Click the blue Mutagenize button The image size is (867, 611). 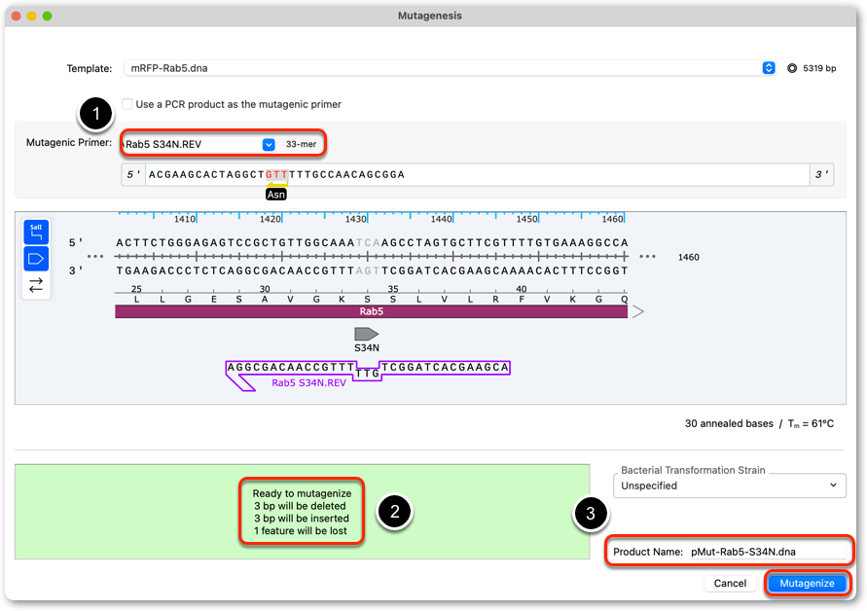807,584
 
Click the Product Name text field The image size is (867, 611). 768,552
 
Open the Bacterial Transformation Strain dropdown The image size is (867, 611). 730,485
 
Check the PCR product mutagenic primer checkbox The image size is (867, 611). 127,104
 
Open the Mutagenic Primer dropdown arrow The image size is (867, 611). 269,144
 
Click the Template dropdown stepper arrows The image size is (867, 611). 769,68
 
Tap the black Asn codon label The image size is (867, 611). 276,194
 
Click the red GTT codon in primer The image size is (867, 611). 276,175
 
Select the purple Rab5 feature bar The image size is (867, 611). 371,311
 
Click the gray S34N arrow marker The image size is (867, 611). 366,334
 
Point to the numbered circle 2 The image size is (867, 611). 394,512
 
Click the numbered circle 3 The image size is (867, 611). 591,513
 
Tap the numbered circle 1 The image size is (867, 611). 96,114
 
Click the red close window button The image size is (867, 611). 16,16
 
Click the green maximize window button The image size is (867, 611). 48,16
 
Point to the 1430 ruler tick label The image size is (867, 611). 355,219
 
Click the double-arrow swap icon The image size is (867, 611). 36,285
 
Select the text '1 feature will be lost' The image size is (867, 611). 301,531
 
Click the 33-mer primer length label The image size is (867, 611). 301,144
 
